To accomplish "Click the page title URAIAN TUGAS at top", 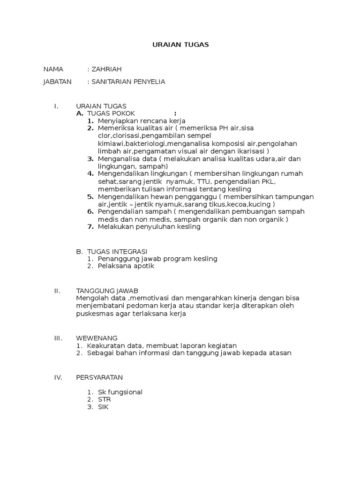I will click(x=180, y=45).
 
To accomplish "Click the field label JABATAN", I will click(x=57, y=82).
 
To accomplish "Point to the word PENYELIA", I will click(x=149, y=82).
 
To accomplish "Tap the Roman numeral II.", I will click(x=57, y=291).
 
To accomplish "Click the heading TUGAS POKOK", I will click(x=111, y=113).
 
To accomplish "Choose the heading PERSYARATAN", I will click(x=99, y=377).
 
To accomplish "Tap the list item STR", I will click(x=105, y=399).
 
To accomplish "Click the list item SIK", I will click(x=103, y=407).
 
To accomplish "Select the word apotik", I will click(x=144, y=266).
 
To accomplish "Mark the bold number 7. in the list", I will click(x=91, y=227).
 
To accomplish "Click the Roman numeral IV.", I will click(x=58, y=377).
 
